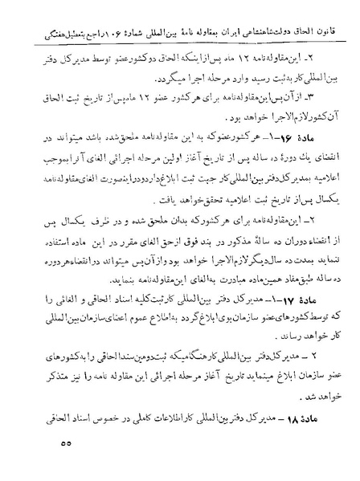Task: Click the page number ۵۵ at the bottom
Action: click(x=67, y=442)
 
